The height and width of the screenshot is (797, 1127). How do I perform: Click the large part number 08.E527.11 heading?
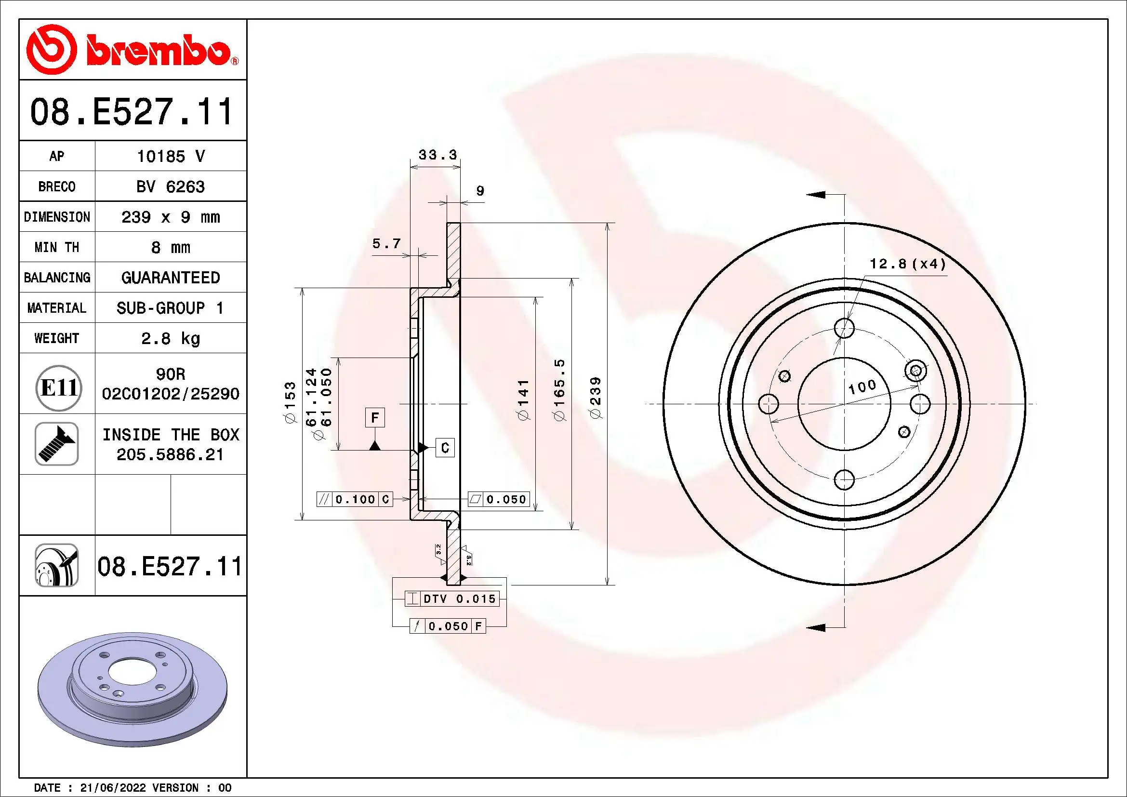132,111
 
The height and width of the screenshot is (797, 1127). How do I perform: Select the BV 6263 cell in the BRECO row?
170,186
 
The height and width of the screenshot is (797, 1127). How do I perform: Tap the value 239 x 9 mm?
170,217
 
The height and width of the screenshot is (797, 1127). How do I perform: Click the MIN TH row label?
56,247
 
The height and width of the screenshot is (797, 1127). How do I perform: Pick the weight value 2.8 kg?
170,338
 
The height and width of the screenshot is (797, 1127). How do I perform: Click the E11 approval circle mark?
58,388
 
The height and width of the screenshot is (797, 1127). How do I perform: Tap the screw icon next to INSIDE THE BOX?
57,444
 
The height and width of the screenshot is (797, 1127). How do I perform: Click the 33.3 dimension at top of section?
438,155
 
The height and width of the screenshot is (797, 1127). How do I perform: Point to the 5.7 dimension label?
386,243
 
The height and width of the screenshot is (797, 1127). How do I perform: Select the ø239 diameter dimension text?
596,398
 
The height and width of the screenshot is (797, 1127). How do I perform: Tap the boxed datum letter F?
374,418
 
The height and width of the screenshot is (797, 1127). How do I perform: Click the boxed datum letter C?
445,448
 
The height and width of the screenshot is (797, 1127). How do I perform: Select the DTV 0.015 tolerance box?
452,599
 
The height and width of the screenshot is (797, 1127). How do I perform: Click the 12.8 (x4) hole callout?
907,264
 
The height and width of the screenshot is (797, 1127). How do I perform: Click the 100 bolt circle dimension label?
862,387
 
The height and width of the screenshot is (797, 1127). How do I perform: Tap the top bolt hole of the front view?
844,327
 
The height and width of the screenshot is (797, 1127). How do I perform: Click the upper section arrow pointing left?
816,195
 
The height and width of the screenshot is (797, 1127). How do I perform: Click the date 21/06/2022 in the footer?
112,788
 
